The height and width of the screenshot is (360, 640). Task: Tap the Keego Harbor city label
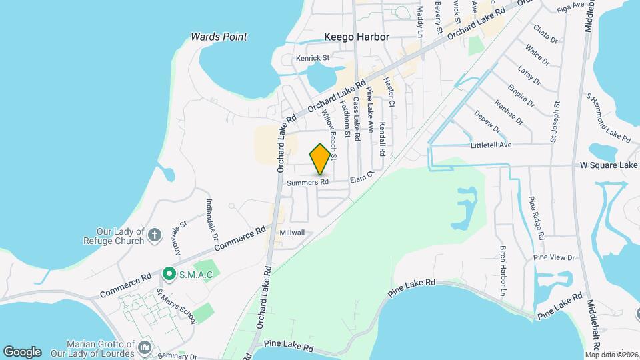pos(356,37)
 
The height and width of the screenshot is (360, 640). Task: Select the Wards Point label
pos(219,37)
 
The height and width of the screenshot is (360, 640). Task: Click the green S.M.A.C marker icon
pos(169,274)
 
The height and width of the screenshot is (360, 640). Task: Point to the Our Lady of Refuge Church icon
pos(155,235)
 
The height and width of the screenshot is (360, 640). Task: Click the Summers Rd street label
pos(308,182)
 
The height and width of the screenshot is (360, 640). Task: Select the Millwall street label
pos(292,233)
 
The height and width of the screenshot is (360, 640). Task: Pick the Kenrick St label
pos(313,59)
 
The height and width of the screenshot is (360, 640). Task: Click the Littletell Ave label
pos(491,145)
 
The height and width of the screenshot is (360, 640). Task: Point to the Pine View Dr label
pos(554,257)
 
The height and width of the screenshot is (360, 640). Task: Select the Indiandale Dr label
pos(211,219)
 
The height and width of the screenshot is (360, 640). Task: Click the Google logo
pos(22,352)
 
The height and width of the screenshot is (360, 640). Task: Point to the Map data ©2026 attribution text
pos(611,355)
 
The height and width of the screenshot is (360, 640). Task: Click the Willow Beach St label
pos(329,135)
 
